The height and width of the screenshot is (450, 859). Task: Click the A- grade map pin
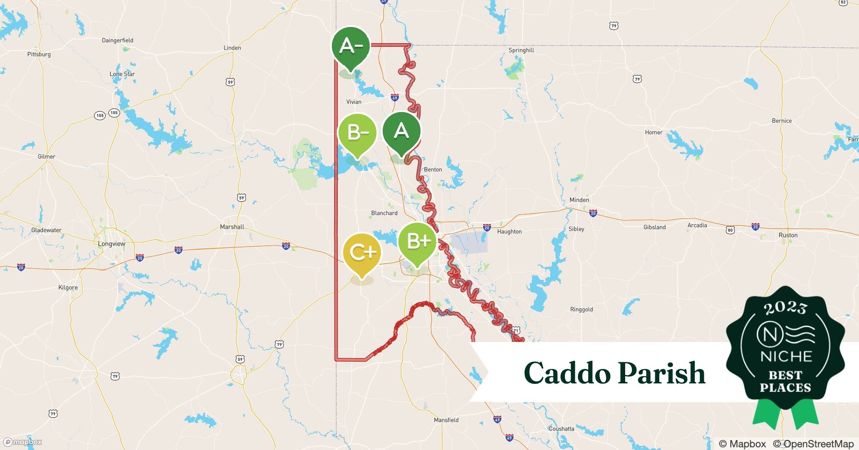coord(351,46)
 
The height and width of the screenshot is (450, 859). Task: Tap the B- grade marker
coord(358,133)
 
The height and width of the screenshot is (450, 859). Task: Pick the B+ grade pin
coord(417,242)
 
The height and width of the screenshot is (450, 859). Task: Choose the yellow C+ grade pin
coord(362,252)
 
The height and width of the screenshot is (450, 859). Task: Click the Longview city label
coord(112,244)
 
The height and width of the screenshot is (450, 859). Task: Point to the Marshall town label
coord(232,227)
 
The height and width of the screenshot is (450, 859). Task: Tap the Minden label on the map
coord(579,200)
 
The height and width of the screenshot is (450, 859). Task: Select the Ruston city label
coord(788,235)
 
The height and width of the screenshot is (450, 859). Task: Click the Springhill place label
coord(521,50)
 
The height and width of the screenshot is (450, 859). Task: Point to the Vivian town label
coord(353,102)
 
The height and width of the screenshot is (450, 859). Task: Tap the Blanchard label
coord(384,213)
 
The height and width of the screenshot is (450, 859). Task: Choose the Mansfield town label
coord(446,420)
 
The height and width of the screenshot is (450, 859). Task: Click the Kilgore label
coord(68,288)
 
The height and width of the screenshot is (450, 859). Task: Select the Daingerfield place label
coord(117,40)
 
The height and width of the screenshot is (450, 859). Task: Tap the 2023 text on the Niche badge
coord(785,308)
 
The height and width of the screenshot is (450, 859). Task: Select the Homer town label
coord(653,133)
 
